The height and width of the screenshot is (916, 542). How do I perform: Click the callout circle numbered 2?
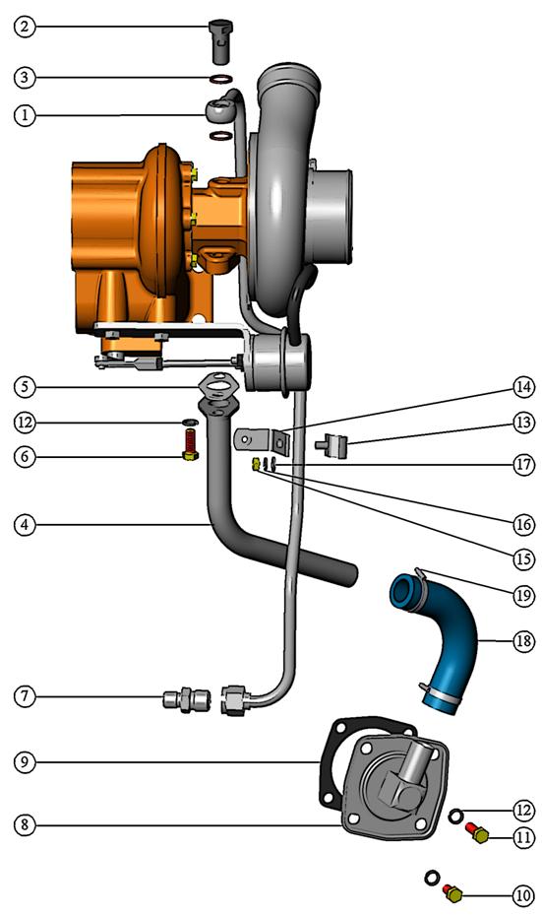[x=25, y=27]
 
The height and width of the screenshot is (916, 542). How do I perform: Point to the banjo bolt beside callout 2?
[x=220, y=41]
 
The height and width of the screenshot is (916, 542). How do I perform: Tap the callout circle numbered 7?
[x=25, y=695]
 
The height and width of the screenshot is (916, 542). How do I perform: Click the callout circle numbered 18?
[x=523, y=641]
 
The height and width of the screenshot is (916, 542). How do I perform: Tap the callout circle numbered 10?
[x=522, y=895]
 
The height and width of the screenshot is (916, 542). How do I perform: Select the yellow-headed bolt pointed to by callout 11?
[x=478, y=833]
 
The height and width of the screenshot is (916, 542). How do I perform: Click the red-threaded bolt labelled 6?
[x=190, y=444]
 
